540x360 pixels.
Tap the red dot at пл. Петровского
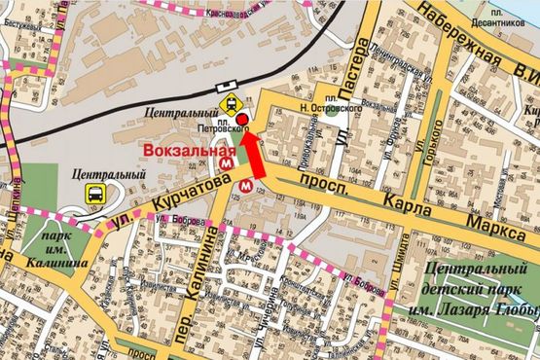[x=242, y=119]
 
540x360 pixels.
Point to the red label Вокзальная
[x=188, y=151]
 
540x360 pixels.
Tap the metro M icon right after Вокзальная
[x=227, y=164]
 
